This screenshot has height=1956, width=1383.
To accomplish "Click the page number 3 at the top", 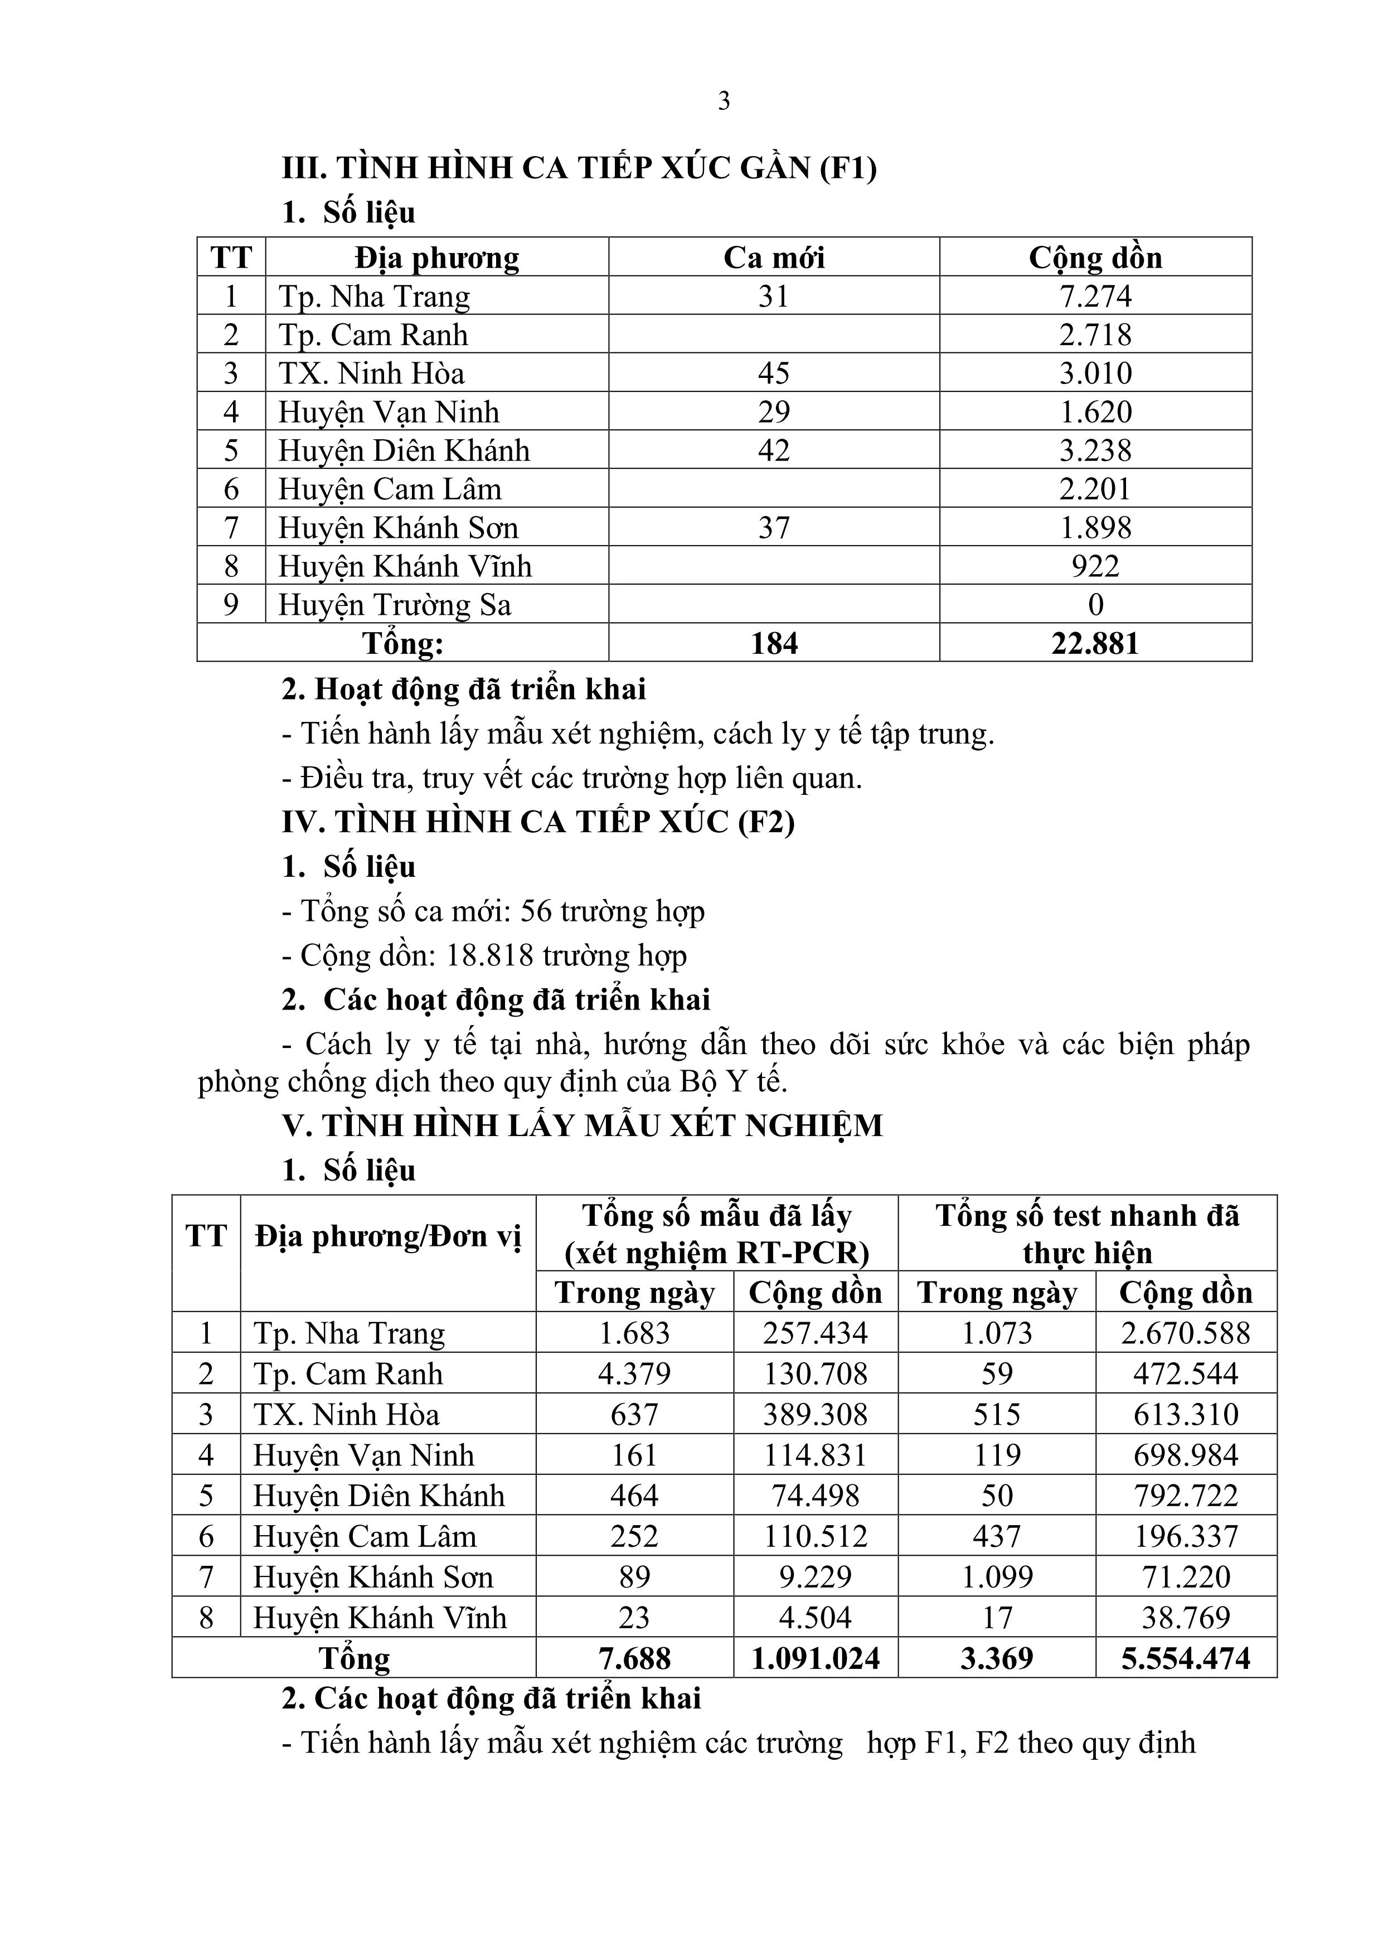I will click(724, 101).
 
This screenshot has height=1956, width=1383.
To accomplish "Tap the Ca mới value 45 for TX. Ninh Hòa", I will click(774, 373).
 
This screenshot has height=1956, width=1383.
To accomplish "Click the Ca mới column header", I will click(774, 258).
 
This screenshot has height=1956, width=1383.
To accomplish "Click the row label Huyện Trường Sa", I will click(395, 605).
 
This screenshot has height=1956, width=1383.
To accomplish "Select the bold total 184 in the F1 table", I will click(774, 642).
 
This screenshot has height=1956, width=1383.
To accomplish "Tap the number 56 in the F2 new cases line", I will click(536, 911).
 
